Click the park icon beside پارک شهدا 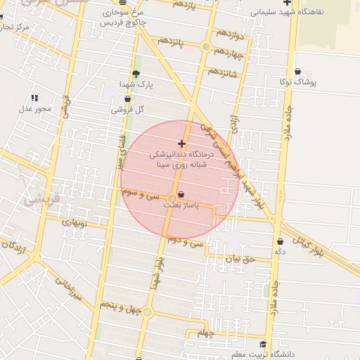[136, 73]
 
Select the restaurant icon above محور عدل [34, 98]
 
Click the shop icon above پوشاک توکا [297, 71]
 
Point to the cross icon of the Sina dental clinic [182, 143]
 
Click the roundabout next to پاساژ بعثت [172, 198]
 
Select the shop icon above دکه [281, 240]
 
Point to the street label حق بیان [237, 258]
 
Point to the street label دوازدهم [229, 34]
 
